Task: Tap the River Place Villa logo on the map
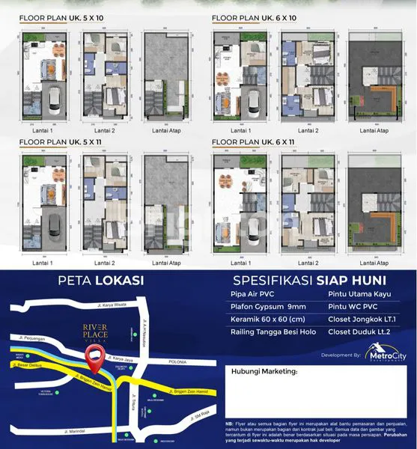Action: (95, 330)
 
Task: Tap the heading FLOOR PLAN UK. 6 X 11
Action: (254, 140)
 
